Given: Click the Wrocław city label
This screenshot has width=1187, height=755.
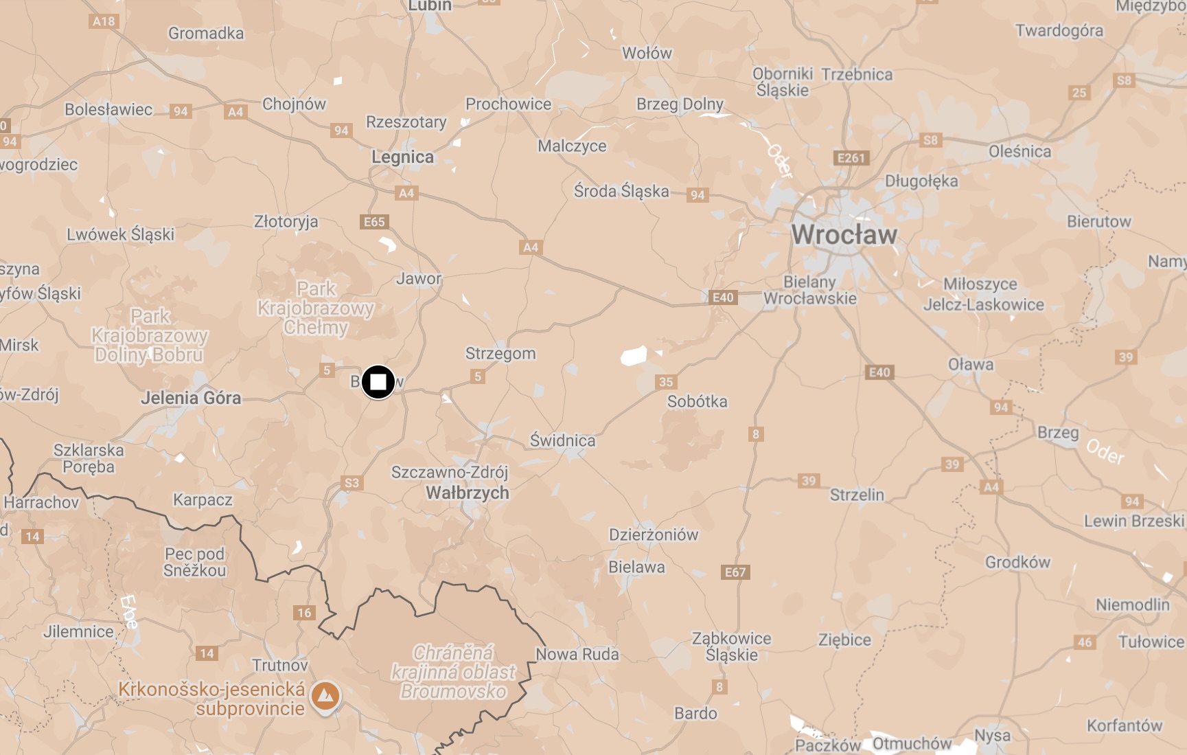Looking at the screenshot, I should coord(844,234).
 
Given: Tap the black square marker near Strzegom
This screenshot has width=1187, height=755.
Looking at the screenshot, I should coord(378,382).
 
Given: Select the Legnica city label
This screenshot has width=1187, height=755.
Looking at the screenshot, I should coord(402,157).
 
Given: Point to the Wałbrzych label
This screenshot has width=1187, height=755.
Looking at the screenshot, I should coord(468,493).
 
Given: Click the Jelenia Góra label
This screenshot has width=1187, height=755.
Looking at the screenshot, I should coord(191,398).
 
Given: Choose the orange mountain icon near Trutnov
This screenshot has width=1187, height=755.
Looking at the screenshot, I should coord(325,697).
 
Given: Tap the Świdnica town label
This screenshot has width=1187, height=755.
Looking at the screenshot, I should coord(562,440).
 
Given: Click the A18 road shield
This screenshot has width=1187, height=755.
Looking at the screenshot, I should coord(104,21).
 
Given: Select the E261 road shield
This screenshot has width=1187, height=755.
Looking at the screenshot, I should coord(851,158).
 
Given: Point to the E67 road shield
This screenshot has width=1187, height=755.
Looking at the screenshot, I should coord(735,572).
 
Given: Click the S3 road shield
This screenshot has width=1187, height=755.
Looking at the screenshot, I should coord(352,483).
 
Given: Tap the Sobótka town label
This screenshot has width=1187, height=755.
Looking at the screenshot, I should coord(697,401).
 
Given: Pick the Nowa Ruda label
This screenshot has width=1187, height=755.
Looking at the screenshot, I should coord(577,654).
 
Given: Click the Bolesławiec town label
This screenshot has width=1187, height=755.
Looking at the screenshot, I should coord(108,109).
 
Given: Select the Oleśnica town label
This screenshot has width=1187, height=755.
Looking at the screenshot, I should coord(1019,152).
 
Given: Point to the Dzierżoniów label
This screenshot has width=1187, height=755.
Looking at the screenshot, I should coord(653,534).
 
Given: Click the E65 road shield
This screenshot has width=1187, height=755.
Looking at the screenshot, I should coord(374,222).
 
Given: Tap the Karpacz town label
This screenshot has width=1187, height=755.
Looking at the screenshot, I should coord(203,499).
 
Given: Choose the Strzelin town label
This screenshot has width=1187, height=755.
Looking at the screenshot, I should coord(857,495).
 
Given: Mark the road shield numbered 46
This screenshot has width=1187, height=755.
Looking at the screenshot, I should coord(1085,642).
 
